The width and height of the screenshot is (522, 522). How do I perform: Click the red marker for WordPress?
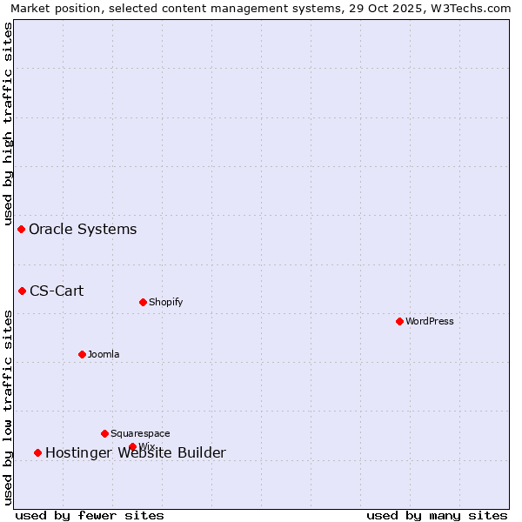coord(399,321)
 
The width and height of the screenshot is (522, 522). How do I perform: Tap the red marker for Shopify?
coord(143,302)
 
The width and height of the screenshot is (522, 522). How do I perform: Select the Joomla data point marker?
coord(82,354)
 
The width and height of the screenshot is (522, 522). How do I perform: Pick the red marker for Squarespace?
coord(104,433)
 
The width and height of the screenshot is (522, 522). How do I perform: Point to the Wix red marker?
coord(132,446)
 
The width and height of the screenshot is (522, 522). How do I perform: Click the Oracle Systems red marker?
coord(21,229)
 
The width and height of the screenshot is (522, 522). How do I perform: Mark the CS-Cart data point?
coord(22,291)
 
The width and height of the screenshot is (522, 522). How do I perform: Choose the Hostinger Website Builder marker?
coord(37,452)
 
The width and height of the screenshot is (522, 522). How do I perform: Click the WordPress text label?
coord(430,321)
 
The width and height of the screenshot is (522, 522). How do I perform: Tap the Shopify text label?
coord(165,302)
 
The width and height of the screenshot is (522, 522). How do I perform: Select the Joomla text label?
coord(104,354)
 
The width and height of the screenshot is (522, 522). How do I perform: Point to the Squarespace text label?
coord(140,433)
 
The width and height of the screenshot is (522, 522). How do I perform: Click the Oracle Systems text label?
coord(83,230)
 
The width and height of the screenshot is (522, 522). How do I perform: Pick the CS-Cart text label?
coord(57,291)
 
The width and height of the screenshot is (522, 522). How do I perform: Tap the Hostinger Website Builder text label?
coord(135,453)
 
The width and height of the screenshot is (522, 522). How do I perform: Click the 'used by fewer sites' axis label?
coord(90,515)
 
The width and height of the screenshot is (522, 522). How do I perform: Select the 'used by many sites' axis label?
coord(437,515)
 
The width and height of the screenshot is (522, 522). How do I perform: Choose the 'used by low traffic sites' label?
coord(8,407)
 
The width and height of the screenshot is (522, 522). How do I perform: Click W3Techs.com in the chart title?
coord(475,8)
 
